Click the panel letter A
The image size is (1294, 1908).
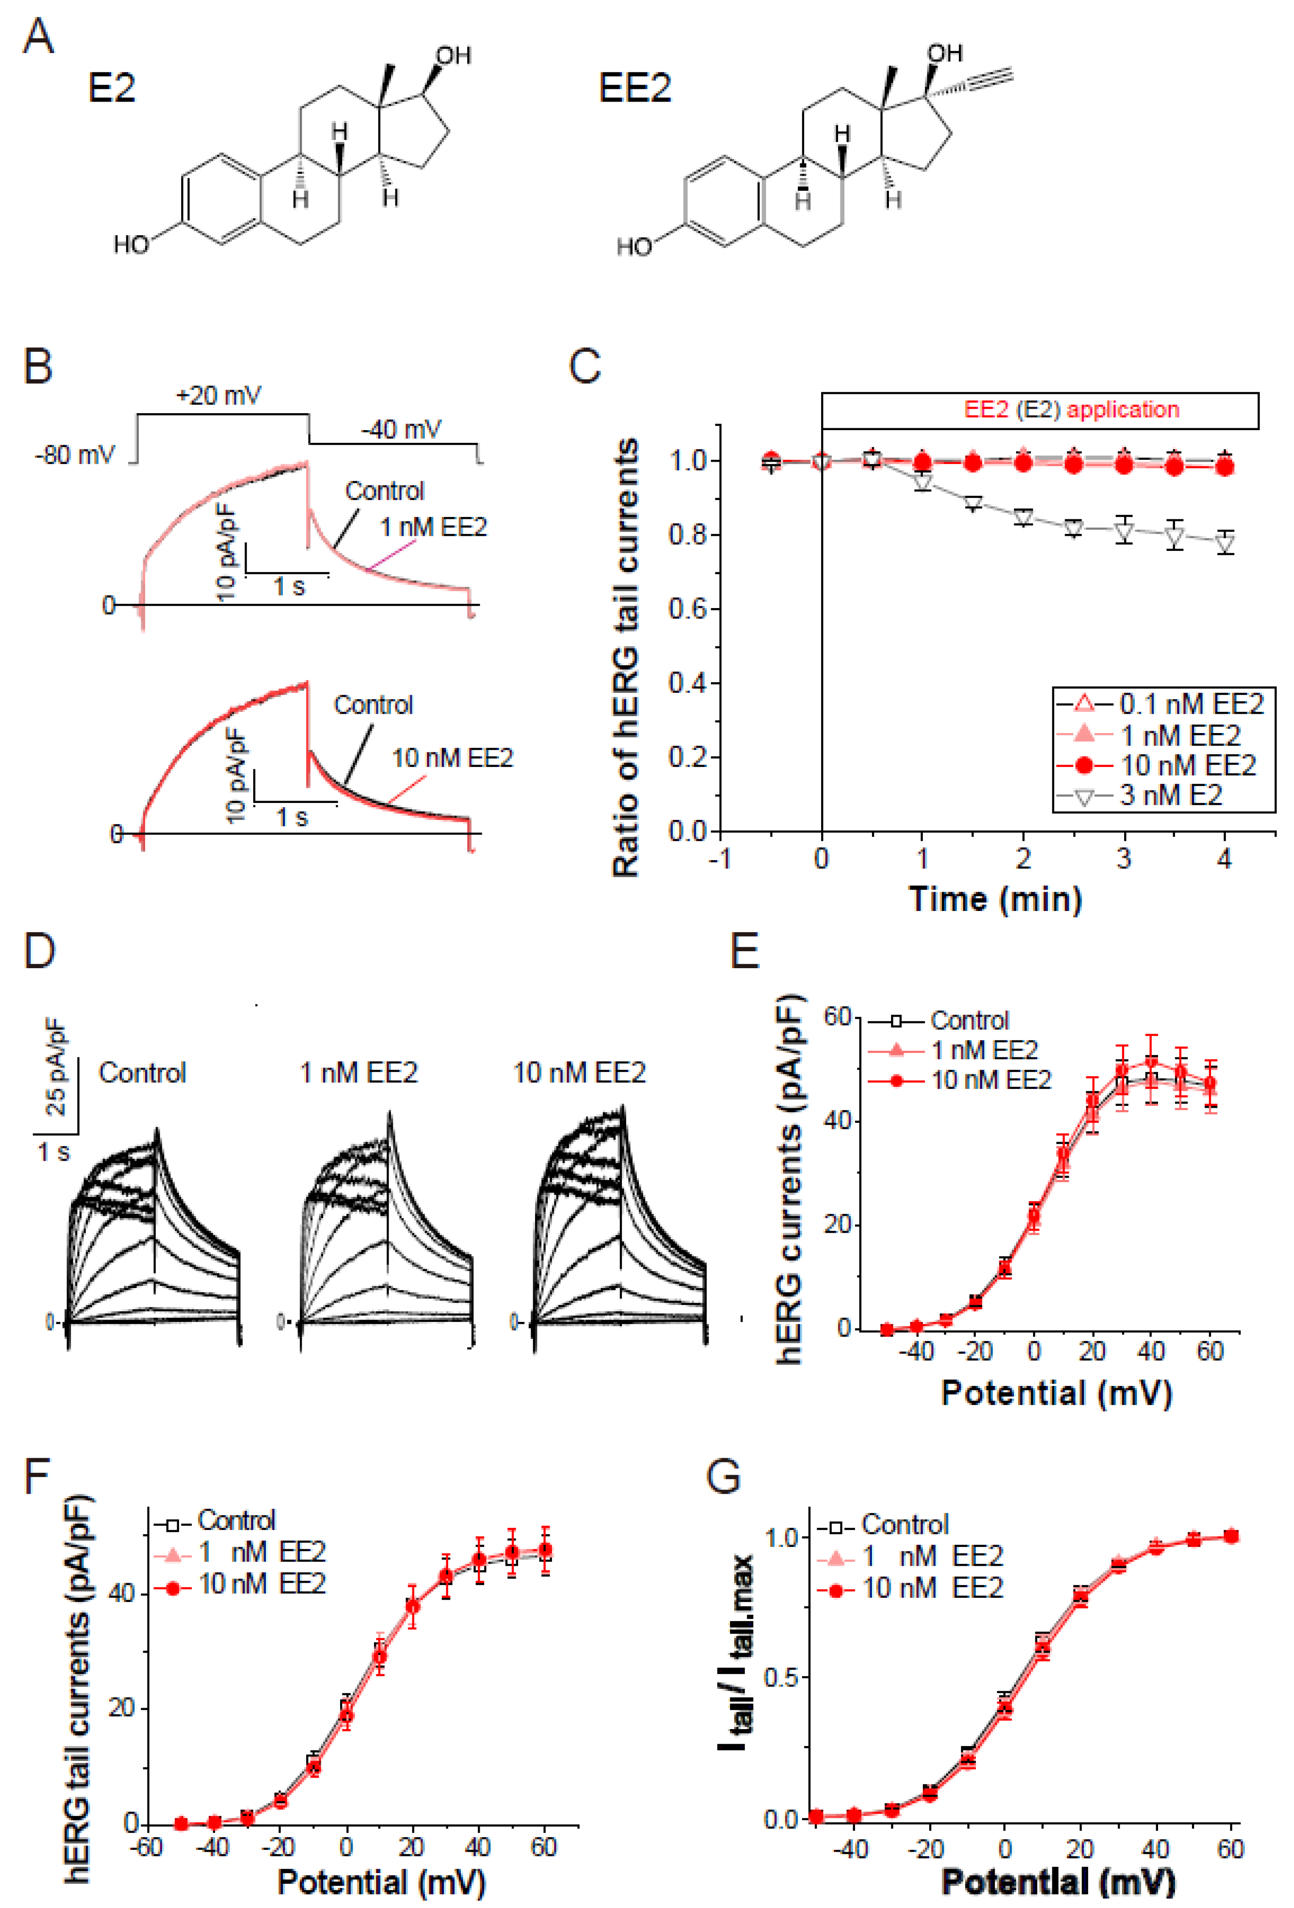point(38,37)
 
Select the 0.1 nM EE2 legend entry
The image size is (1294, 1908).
point(1191,704)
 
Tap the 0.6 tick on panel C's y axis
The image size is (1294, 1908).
point(688,609)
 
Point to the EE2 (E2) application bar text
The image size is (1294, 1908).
point(1072,409)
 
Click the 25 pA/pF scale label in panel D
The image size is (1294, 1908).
point(56,1066)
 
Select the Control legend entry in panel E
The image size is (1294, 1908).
point(969,1020)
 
